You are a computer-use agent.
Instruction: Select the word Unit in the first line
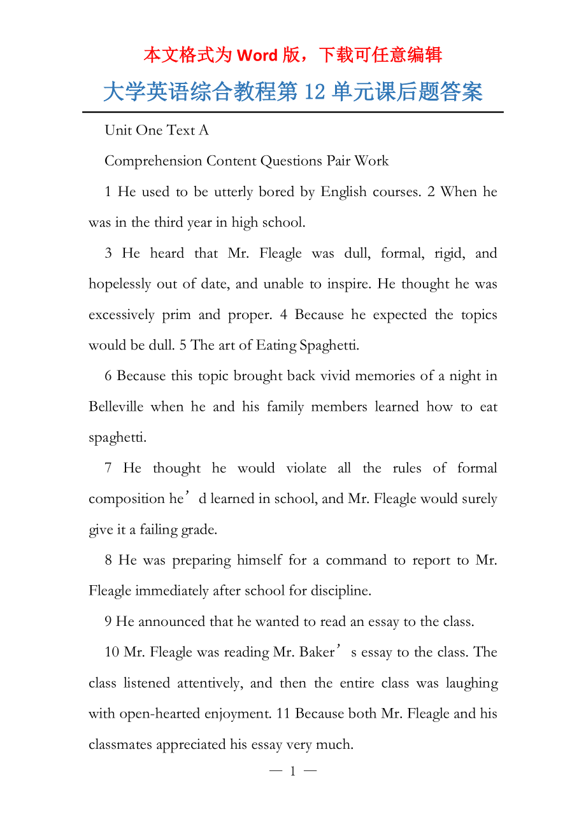tap(118, 131)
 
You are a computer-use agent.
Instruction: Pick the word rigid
tap(449, 253)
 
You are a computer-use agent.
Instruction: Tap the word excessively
tap(122, 315)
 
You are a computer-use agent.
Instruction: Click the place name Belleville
tap(116, 407)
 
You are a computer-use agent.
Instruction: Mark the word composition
tap(127, 499)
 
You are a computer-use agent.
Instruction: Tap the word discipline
tap(341, 591)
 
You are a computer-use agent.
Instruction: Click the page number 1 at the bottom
tap(292, 772)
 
